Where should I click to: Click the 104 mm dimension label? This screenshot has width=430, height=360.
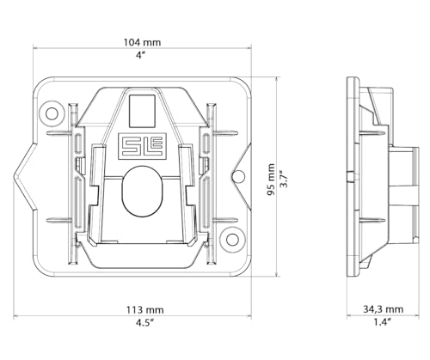pyautogui.click(x=142, y=42)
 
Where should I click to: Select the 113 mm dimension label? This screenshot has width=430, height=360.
pyautogui.click(x=145, y=309)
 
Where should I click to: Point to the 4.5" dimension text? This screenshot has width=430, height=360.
pyautogui.click(x=145, y=323)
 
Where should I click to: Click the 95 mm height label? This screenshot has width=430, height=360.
pyautogui.click(x=271, y=180)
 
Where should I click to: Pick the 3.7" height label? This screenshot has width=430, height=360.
pyautogui.click(x=284, y=180)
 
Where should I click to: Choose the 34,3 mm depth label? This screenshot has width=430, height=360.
pyautogui.click(x=384, y=309)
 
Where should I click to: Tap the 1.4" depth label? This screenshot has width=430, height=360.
pyautogui.click(x=383, y=322)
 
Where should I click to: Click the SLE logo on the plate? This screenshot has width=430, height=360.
pyautogui.click(x=142, y=146)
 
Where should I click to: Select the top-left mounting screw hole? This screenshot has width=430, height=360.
pyautogui.click(x=52, y=113)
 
